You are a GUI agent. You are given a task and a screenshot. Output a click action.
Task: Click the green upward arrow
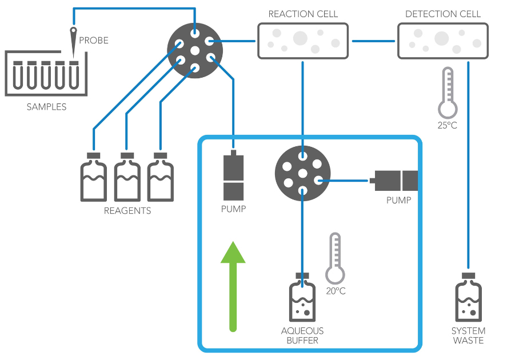click(x=233, y=286)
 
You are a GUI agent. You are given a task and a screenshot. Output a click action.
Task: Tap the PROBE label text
click(x=93, y=41)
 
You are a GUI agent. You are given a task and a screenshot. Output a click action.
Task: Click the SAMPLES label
click(x=46, y=107)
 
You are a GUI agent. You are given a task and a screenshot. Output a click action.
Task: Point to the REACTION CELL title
click(x=303, y=14)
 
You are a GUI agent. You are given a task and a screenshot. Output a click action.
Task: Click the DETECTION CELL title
click(x=443, y=14)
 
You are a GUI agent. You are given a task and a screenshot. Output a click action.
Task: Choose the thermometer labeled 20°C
click(x=335, y=258)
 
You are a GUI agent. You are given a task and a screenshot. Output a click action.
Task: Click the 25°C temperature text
click(x=447, y=125)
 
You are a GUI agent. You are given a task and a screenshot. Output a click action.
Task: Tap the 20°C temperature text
click(x=335, y=291)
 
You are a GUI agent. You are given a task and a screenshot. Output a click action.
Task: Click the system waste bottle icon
click(x=469, y=298)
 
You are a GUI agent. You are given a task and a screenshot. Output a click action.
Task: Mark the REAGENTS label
click(x=127, y=211)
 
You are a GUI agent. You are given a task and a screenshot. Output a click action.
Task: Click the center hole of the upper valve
click(x=195, y=51)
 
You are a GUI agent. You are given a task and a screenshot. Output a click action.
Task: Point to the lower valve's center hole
click(x=303, y=173)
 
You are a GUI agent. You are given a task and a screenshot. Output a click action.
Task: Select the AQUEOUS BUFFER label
click(x=303, y=335)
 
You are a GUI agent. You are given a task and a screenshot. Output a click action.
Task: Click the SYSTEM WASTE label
click(x=469, y=335)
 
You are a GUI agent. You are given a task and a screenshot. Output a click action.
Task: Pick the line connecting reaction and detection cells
click(x=374, y=41)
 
